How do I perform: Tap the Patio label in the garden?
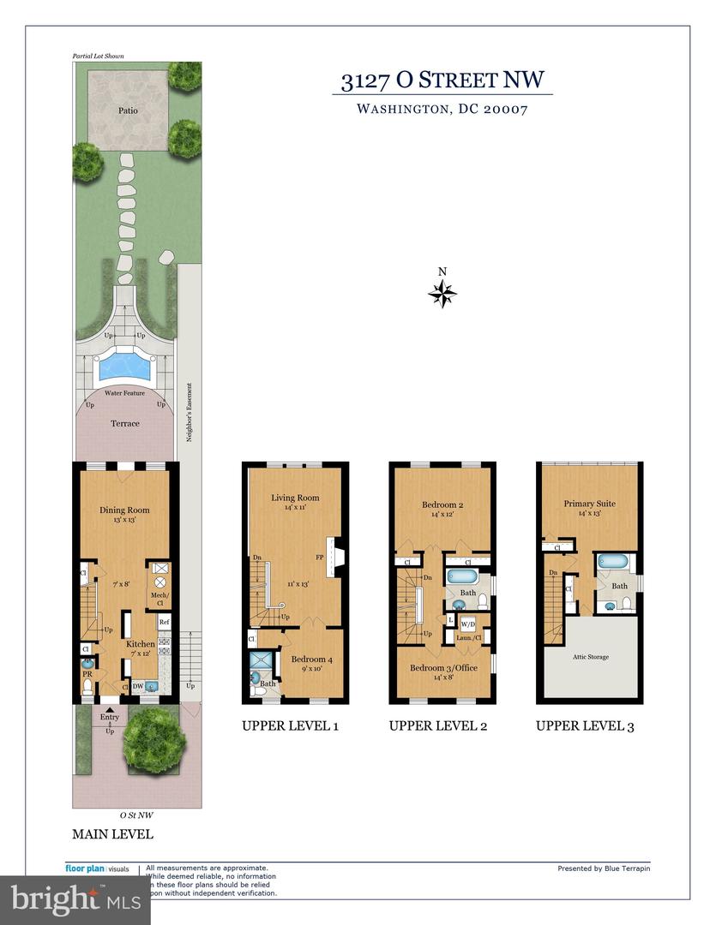[x=128, y=110]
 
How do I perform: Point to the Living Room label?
[x=295, y=498]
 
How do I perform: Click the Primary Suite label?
[x=590, y=504]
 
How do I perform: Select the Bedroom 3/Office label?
[x=442, y=668]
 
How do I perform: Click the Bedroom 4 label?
[x=311, y=659]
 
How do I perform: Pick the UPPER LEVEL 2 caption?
[x=438, y=726]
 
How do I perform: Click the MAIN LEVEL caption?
[x=113, y=833]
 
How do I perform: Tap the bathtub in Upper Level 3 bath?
[x=613, y=563]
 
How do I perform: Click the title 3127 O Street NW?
[x=442, y=81]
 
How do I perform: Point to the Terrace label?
[x=125, y=423]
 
